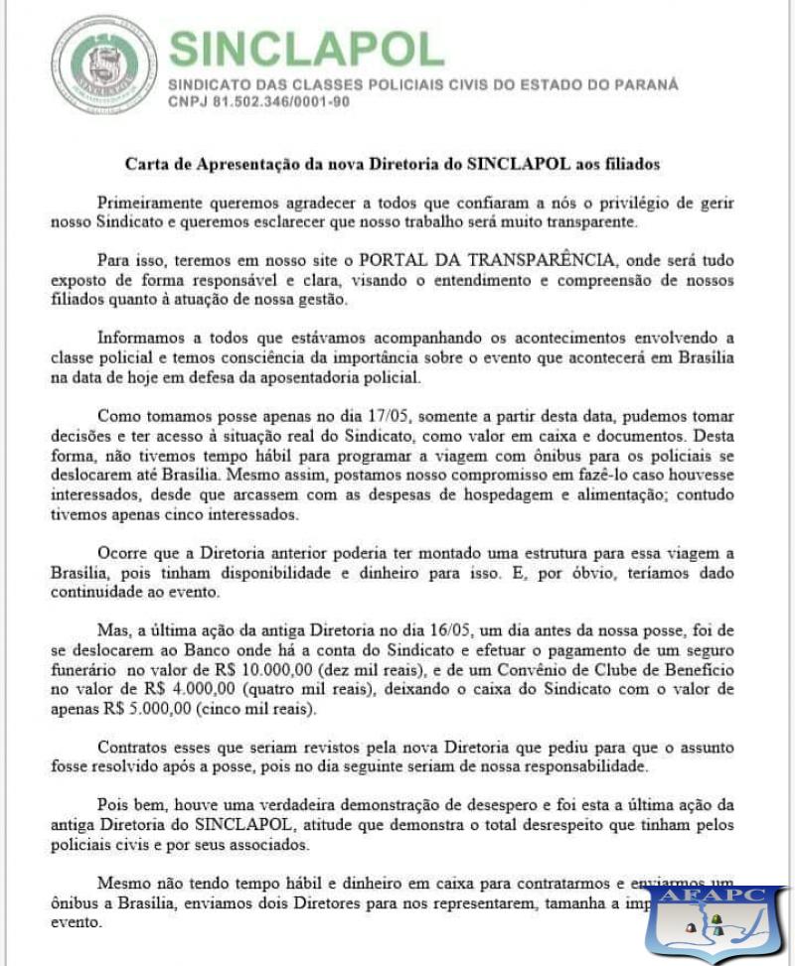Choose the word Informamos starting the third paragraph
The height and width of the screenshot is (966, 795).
pos(142,338)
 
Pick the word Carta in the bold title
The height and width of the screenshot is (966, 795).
pos(146,163)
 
